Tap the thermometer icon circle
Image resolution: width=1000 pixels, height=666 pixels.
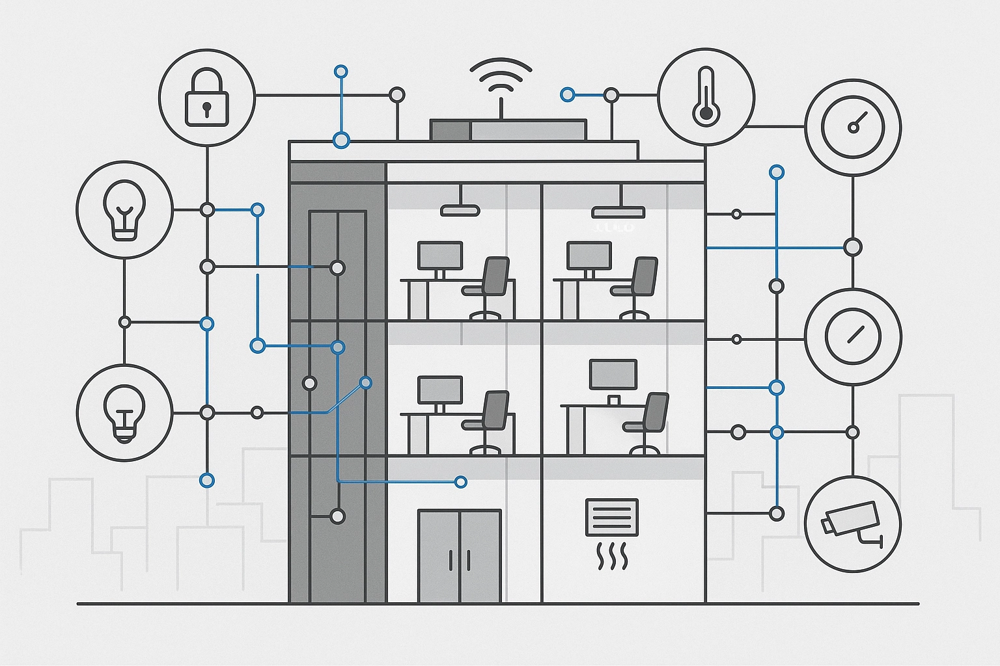click(706, 96)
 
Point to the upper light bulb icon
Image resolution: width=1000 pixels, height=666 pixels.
click(125, 209)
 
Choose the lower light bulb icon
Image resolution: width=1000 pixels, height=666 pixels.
click(125, 412)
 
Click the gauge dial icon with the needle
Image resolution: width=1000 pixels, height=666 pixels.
click(853, 127)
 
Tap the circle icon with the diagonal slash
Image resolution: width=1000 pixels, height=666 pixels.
click(853, 336)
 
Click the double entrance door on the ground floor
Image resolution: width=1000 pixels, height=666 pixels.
click(460, 555)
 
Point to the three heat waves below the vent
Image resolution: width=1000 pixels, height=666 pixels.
click(612, 558)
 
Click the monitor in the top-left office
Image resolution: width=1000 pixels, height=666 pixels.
click(440, 256)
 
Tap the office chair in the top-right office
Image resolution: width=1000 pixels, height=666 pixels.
click(637, 286)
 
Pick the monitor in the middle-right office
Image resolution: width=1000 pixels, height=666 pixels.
click(613, 375)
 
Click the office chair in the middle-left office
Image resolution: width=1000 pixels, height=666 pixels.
click(489, 420)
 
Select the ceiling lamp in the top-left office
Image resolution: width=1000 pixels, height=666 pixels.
click(460, 210)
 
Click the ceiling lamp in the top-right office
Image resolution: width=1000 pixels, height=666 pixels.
click(618, 212)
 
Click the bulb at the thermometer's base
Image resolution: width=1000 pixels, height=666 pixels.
click(706, 114)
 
